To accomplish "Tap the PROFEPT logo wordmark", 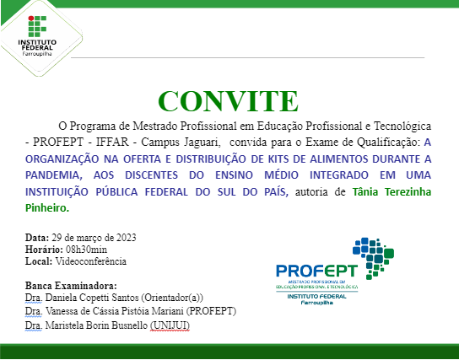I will coord(316,271).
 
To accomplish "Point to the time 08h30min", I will coord(85,249).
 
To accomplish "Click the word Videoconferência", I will coord(89,261).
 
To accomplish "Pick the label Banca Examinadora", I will coord(71,286).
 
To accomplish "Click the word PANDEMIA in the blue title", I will coord(58,175).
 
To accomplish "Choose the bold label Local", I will coord(39,261).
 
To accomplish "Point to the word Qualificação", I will coord(386,142).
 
